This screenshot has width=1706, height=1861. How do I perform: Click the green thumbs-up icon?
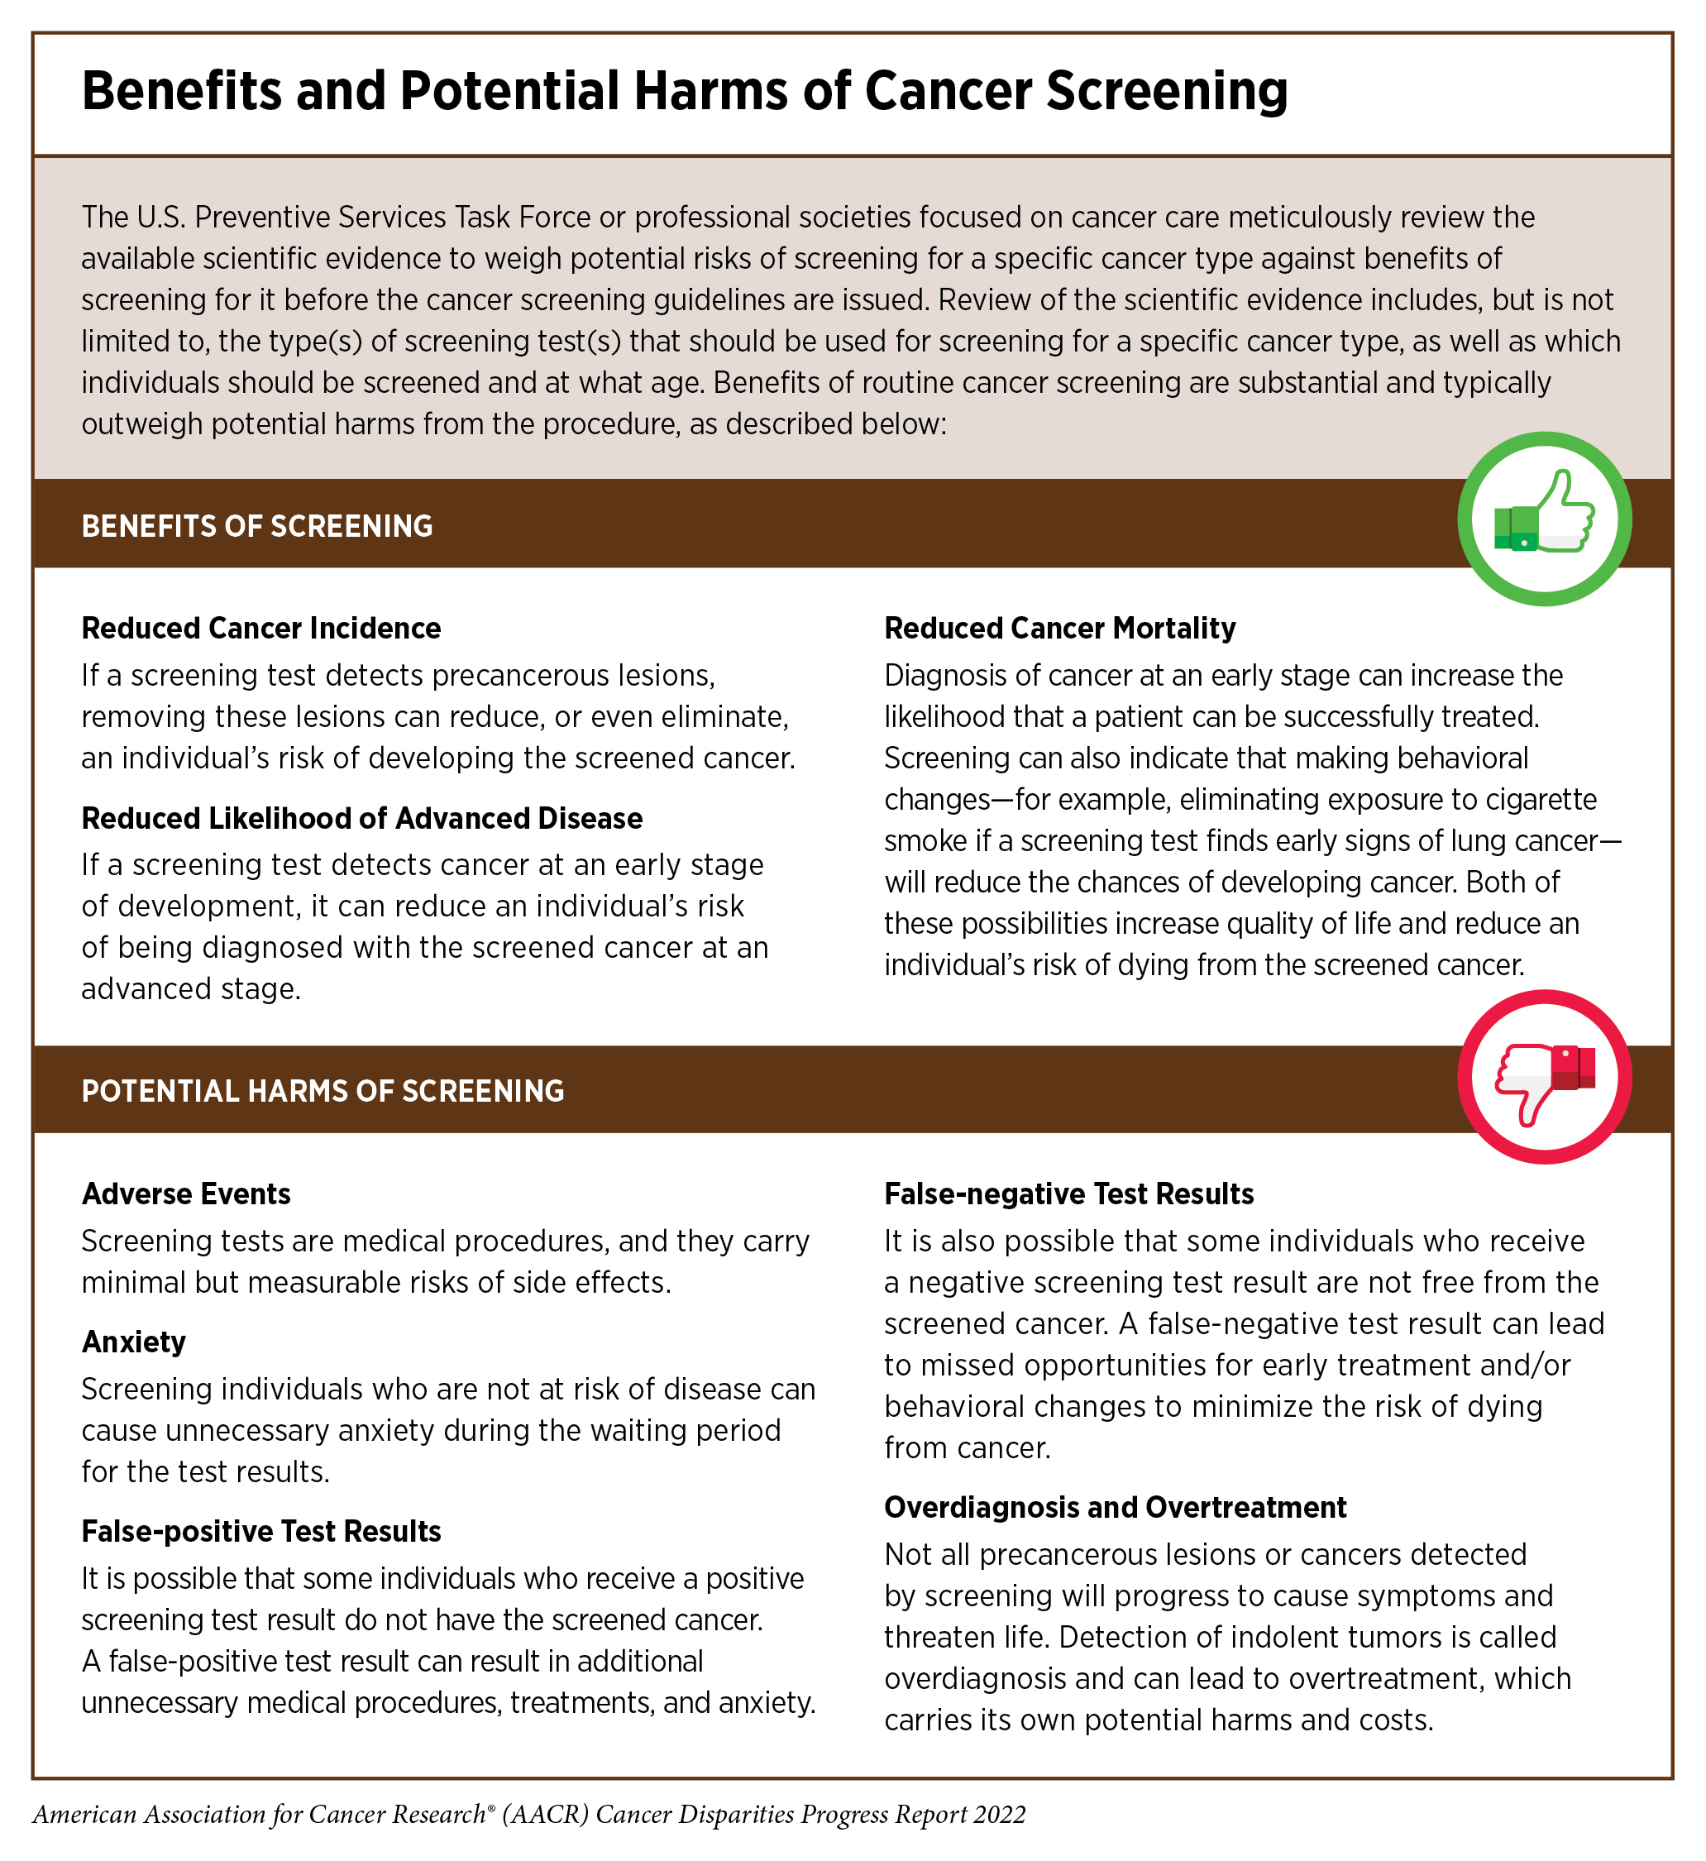coord(1544,519)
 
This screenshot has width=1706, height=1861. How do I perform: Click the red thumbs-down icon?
coord(1544,1077)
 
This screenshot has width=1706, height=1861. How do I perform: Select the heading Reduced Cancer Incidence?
coord(261,629)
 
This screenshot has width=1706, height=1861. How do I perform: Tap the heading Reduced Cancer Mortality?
coord(1060,629)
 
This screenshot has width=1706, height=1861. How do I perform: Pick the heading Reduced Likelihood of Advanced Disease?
coord(362,819)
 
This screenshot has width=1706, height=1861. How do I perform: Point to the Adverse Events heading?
coord(187,1194)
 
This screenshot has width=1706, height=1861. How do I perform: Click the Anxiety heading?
coord(134,1342)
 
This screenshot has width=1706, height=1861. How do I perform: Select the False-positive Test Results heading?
coord(261,1532)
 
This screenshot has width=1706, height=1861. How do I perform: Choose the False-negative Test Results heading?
coord(1069,1194)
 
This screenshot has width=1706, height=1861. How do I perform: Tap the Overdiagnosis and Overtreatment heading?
coord(1116,1508)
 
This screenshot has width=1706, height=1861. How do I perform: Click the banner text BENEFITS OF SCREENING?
coord(256,526)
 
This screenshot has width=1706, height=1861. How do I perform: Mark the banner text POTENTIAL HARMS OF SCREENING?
coord(323,1091)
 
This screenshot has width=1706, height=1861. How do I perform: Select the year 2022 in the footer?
coord(999,1814)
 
